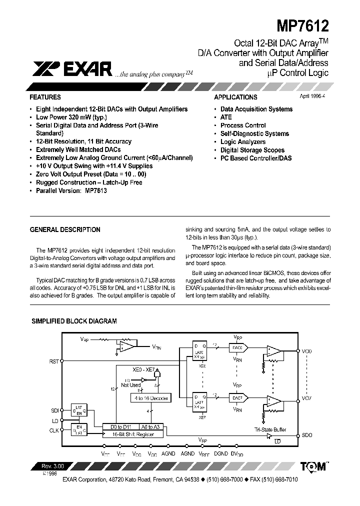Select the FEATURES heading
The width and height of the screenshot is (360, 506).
tap(45, 97)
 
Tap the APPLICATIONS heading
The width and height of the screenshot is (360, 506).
tap(235, 97)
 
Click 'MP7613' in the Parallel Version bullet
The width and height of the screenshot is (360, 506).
tap(96, 190)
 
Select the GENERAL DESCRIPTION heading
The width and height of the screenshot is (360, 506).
tap(65, 230)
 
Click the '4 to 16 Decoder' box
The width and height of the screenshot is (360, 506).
tap(150, 398)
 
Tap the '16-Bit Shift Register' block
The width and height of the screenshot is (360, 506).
tap(134, 434)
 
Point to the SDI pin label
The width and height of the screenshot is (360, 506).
tap(54, 410)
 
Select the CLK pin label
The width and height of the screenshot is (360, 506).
tap(54, 429)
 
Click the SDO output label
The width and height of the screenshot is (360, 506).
tap(307, 435)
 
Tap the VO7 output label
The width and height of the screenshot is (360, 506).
tap(307, 398)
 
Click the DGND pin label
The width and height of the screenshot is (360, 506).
tap(220, 453)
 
